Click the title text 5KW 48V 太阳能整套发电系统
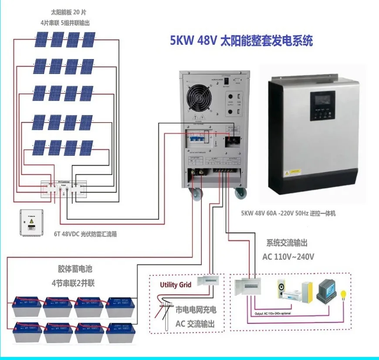click(x=241, y=41)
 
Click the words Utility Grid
click(x=176, y=285)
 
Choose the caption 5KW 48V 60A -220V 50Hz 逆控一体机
click(x=288, y=214)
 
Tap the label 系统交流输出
click(x=289, y=243)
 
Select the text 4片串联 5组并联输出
click(x=65, y=22)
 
